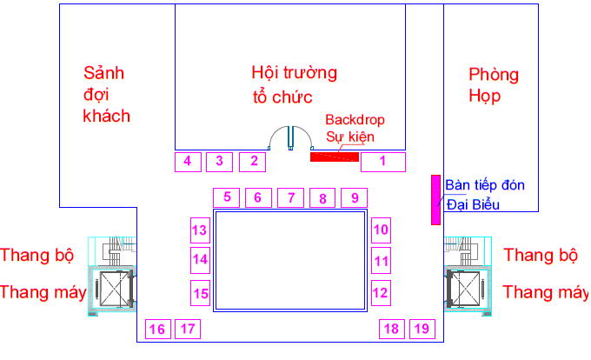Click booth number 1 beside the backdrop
point(383,162)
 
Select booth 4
point(188,162)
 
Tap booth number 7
point(290,198)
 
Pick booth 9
point(354,198)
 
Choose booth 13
point(200,230)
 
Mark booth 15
point(200,293)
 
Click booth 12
point(381,293)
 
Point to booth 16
point(158,329)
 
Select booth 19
point(422,329)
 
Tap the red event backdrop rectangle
point(335,157)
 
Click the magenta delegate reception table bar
point(435,200)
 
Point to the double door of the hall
point(290,138)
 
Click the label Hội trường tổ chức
point(294,85)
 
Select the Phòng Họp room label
point(494,85)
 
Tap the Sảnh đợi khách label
point(107,95)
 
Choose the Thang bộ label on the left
point(37,255)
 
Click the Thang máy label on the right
point(547,292)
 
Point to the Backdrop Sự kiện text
point(349,128)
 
